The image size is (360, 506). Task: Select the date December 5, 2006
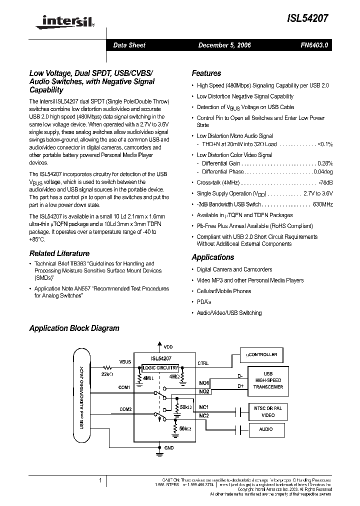coord(224,45)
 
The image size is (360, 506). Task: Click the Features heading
coord(206,73)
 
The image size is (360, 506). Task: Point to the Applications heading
coord(212,257)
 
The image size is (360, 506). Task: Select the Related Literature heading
coord(59,253)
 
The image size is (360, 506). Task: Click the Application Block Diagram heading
coord(74,328)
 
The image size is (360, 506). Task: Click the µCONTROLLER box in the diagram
coord(261,354)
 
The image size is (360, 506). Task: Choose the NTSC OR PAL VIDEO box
coord(268,411)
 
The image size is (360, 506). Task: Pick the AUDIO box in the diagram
coord(266,429)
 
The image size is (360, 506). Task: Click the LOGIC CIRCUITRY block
coord(160,367)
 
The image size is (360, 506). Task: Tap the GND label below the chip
coord(169,447)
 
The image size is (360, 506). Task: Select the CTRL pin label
coord(203,363)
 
